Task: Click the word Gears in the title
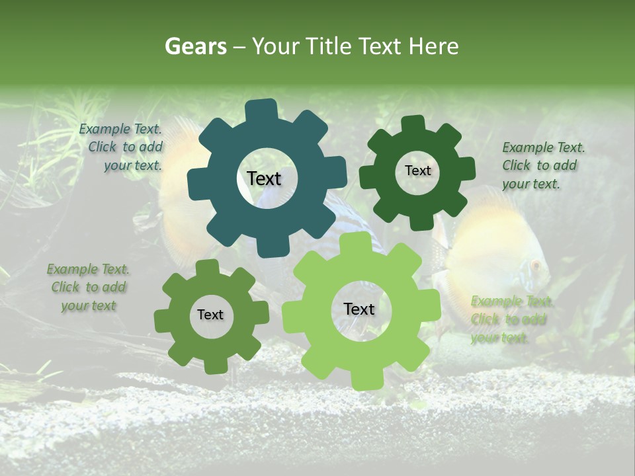(x=195, y=46)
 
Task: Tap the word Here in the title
(x=434, y=46)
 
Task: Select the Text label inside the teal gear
(x=264, y=178)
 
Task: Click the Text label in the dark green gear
(x=417, y=171)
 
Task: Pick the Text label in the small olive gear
(x=210, y=315)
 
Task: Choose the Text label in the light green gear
(x=359, y=309)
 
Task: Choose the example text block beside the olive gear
(x=89, y=288)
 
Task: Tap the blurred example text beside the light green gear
(x=511, y=319)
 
